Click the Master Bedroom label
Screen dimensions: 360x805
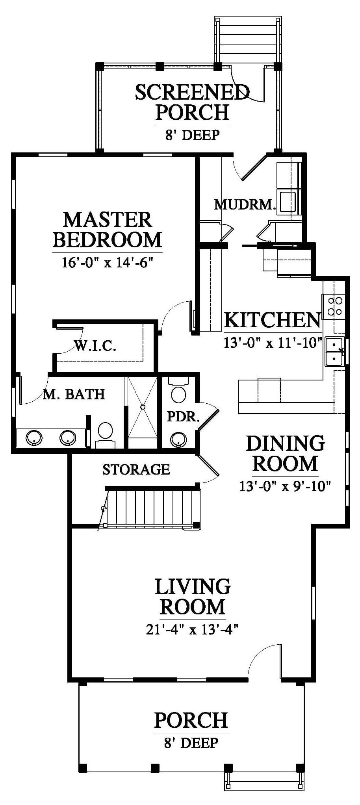[107, 230]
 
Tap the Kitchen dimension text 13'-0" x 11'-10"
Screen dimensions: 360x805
[273, 342]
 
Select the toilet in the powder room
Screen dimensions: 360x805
[179, 390]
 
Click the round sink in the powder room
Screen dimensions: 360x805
[179, 440]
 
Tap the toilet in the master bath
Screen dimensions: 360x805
[105, 436]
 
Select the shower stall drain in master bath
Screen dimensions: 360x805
[143, 407]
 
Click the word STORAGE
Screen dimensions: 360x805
[136, 469]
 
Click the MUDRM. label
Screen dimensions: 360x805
[245, 204]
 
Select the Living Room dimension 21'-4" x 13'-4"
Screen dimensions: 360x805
[193, 630]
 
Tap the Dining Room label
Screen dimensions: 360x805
[285, 453]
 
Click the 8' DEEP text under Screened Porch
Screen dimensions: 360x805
[192, 135]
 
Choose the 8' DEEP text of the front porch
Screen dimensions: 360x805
[191, 743]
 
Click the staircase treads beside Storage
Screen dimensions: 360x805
[152, 508]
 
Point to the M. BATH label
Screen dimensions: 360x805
[74, 394]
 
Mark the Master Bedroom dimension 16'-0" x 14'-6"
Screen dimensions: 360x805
[107, 262]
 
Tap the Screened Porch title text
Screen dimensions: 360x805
[192, 102]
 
